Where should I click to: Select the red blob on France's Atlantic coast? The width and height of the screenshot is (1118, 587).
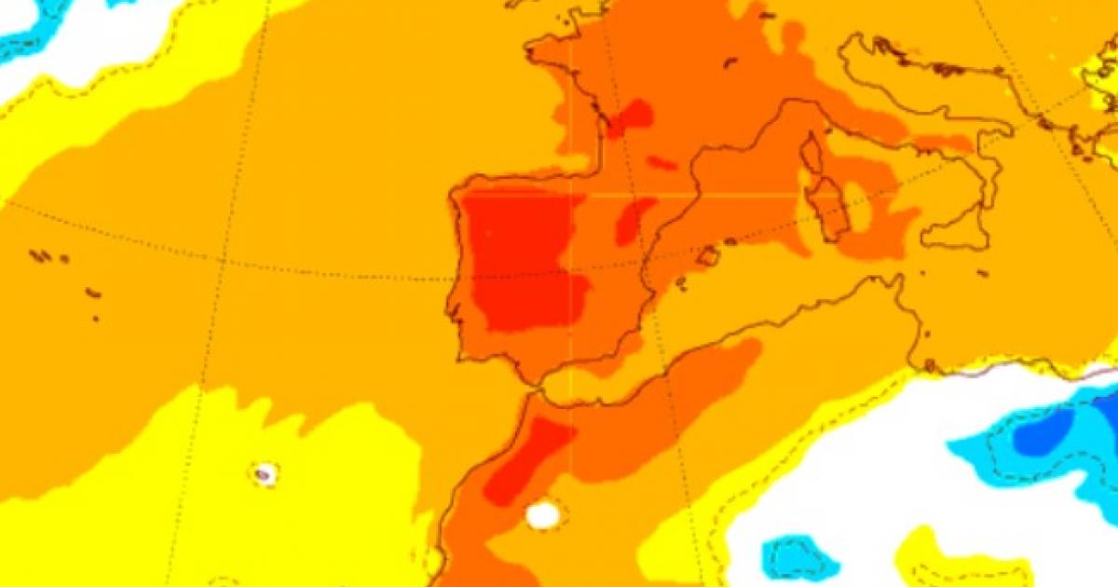point(634,116)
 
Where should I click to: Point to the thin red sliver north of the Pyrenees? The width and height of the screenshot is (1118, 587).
point(661,164)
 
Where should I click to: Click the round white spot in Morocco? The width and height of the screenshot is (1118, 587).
point(543,514)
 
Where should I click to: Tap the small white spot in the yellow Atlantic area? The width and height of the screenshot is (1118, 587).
point(264,474)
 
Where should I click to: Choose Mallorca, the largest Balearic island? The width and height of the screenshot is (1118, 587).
point(709,255)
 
